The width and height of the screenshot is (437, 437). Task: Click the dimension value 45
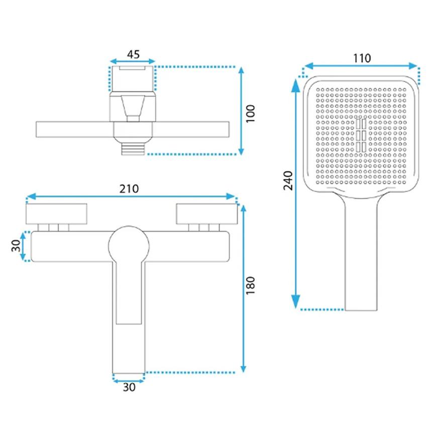133,54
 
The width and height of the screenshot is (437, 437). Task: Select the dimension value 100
250,114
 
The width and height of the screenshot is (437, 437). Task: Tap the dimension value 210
129,189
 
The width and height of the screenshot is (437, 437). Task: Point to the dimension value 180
250,285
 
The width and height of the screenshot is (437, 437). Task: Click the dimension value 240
288,181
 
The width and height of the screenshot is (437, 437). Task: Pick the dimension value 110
362,58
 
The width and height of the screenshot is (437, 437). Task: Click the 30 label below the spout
129,387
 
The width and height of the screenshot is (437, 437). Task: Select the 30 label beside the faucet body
16,246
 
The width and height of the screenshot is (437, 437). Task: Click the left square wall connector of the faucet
56,214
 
